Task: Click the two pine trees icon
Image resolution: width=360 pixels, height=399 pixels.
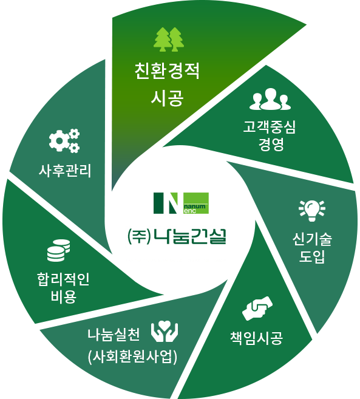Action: coord(169,39)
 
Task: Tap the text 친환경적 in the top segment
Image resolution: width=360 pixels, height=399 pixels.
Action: coord(167,71)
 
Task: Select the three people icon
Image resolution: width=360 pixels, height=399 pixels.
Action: coord(270,99)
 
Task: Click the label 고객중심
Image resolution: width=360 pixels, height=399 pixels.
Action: coord(270,127)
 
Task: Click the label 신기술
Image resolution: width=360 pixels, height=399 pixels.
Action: coord(312,239)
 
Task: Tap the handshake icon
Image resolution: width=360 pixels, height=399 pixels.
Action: coord(257,308)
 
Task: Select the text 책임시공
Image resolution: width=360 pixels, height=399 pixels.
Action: coord(256,338)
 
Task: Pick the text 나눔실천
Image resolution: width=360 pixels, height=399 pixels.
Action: coord(114,335)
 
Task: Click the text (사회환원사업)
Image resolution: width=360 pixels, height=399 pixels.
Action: coord(132,357)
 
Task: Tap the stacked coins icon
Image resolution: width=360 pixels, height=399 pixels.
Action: coord(58,250)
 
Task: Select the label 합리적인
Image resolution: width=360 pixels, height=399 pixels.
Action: coord(63,279)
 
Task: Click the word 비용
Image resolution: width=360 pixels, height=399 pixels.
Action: coord(64,296)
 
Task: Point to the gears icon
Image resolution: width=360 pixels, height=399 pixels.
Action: coord(64,141)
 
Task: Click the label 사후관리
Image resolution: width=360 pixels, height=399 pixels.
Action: coord(65,171)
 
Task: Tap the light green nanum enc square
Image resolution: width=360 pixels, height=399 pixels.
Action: coord(196,203)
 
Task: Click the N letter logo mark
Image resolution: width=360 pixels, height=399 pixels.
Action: coord(166,203)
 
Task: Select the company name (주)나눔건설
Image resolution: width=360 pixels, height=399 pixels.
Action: coord(177,237)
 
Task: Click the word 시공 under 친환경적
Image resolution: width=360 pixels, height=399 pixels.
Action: coord(167,98)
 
